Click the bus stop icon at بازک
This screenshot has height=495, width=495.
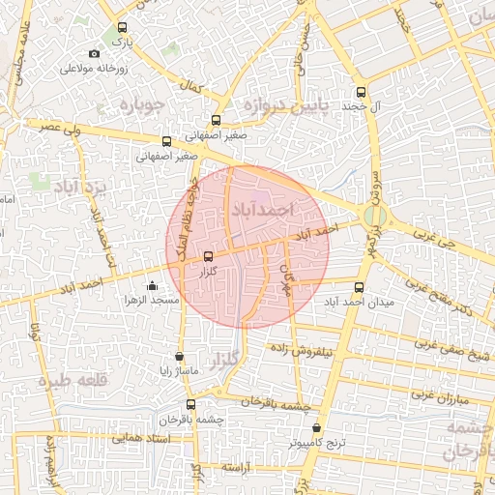[121, 28]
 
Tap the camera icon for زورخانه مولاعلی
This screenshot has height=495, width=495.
[94, 54]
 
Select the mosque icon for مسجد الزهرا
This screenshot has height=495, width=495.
[153, 285]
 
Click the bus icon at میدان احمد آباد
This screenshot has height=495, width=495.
[359, 287]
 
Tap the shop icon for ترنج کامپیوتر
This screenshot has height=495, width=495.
[318, 426]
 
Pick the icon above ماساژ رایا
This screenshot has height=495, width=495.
[179, 356]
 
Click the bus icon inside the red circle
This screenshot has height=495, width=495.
[210, 256]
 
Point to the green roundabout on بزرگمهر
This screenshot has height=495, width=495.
[375, 216]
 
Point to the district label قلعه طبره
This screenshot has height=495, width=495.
[70, 381]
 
